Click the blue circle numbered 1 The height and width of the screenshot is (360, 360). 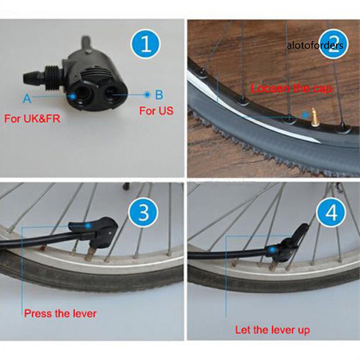click(145, 44)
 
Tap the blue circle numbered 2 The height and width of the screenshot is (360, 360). click(333, 44)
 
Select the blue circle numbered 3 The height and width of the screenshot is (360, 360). click(143, 213)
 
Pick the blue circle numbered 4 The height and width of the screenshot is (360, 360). click(331, 213)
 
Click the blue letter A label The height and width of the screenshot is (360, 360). click(27, 99)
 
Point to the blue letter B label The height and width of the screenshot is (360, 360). click(159, 95)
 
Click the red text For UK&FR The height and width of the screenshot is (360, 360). click(32, 119)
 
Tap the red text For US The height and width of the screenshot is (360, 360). click(156, 111)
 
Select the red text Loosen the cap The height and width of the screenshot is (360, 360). click(292, 88)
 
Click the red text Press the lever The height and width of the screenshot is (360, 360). click(60, 314)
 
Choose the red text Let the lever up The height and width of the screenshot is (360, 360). click(272, 330)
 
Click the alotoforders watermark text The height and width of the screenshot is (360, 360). click(315, 45)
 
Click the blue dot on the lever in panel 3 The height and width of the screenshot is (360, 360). click(87, 226)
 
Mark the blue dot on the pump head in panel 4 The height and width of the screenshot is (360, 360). click(272, 250)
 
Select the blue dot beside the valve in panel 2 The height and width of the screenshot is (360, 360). click(305, 115)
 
